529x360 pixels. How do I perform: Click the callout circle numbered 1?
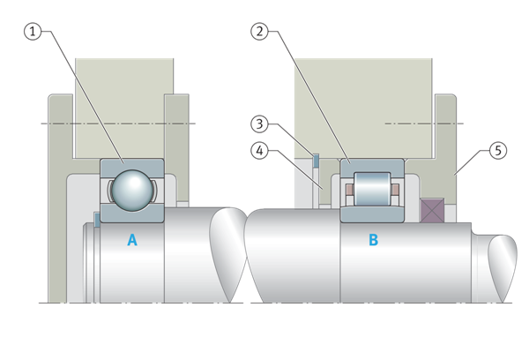pyautogui.click(x=33, y=33)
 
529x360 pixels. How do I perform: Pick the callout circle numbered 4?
pyautogui.click(x=258, y=151)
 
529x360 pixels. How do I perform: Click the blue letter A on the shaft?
pyautogui.click(x=132, y=239)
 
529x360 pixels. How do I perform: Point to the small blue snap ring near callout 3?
pyautogui.click(x=315, y=159)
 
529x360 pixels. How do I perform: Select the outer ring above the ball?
pyautogui.click(x=131, y=165)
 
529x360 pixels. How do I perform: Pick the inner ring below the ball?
pyautogui.click(x=131, y=214)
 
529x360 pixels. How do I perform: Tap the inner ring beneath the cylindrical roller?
pyautogui.click(x=372, y=214)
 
